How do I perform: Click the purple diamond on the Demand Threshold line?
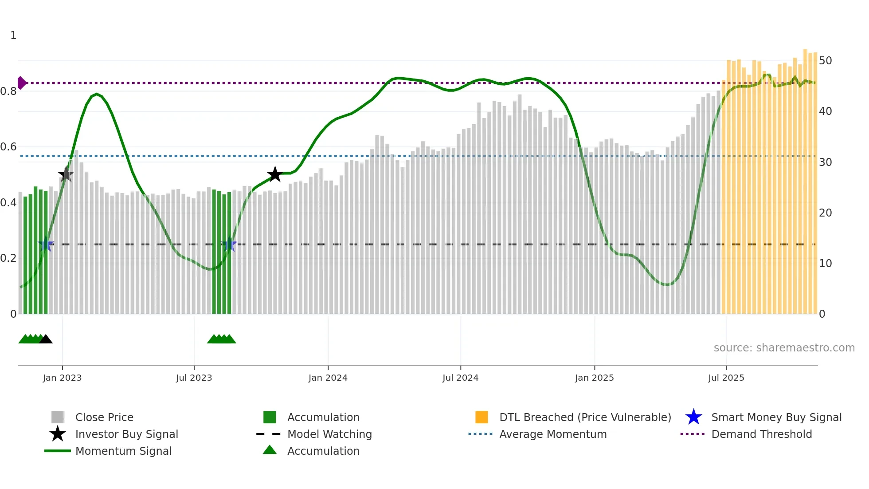point(21,83)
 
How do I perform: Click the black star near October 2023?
point(275,174)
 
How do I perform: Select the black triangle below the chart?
point(46,339)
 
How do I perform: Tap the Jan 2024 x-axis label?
point(328,378)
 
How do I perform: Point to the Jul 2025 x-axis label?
point(726,378)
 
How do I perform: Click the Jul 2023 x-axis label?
point(194,378)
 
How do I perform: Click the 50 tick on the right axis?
point(825,60)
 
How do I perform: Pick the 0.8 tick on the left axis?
point(9,91)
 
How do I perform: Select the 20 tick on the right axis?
point(825,213)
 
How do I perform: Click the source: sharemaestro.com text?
point(784,347)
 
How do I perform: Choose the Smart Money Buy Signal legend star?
point(693,417)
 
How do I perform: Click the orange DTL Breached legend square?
point(481,417)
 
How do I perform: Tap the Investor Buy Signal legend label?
point(126,434)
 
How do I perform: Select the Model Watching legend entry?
point(329,434)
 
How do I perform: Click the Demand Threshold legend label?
point(761,434)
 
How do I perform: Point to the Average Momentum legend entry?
point(552,434)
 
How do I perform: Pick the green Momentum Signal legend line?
point(58,451)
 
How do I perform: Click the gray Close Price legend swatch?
point(58,417)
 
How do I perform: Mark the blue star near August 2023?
point(229,244)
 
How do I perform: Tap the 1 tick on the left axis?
point(13,35)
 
